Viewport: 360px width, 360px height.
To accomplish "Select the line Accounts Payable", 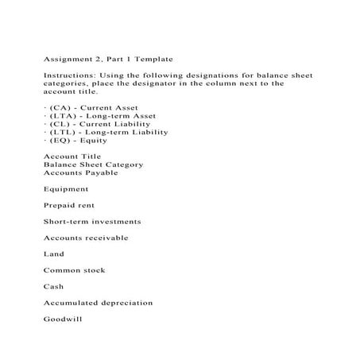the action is (79, 172).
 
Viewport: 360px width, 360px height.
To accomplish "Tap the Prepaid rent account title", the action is (70, 206).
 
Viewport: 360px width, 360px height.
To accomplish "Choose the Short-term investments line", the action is (91, 222).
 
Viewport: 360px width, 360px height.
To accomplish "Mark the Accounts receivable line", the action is (85, 238).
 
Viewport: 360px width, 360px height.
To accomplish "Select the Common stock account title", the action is (74, 270).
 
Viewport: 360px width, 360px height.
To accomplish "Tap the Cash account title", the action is (53, 287).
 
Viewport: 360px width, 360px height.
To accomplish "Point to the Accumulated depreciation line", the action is (98, 303).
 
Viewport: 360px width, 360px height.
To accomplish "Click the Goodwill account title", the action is (63, 319).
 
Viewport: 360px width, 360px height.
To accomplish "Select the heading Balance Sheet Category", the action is (93, 165).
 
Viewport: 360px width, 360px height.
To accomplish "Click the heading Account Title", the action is (72, 157).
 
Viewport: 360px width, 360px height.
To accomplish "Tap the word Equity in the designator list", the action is (93, 140).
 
